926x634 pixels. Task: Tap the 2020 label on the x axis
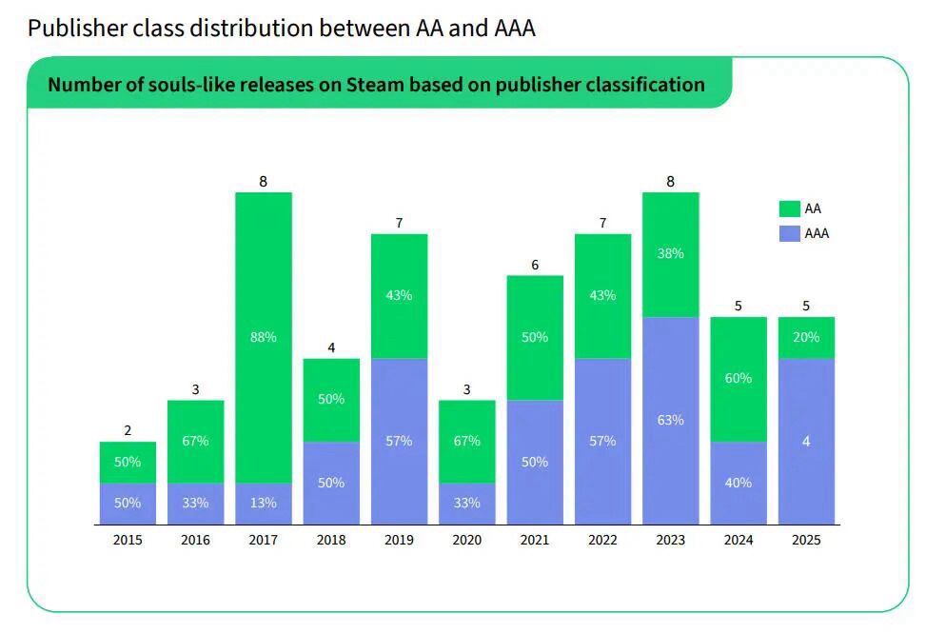[466, 540]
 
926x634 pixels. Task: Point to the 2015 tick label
[128, 540]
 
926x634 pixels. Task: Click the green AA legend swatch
[789, 208]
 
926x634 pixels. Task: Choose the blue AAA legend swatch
[789, 233]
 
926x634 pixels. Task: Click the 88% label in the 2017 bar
[264, 337]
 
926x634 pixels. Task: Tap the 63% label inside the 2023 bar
[670, 420]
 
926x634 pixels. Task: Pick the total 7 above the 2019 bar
[399, 223]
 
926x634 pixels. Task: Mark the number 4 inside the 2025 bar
[806, 441]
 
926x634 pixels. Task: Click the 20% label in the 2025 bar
[806, 337]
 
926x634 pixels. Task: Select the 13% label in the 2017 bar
[264, 503]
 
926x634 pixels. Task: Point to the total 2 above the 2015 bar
[128, 430]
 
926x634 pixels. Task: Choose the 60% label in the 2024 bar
[739, 378]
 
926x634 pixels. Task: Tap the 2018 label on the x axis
[331, 540]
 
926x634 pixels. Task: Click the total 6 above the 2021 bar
[535, 265]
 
